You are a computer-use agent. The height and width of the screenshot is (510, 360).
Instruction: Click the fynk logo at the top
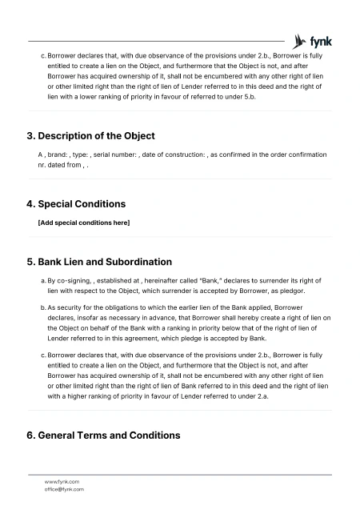tap(313, 41)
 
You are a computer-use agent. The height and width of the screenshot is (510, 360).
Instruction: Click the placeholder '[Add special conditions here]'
tap(84, 222)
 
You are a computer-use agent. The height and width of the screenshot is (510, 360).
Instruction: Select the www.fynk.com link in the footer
tap(61, 481)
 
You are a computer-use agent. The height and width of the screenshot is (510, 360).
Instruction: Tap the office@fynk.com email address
tap(64, 488)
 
